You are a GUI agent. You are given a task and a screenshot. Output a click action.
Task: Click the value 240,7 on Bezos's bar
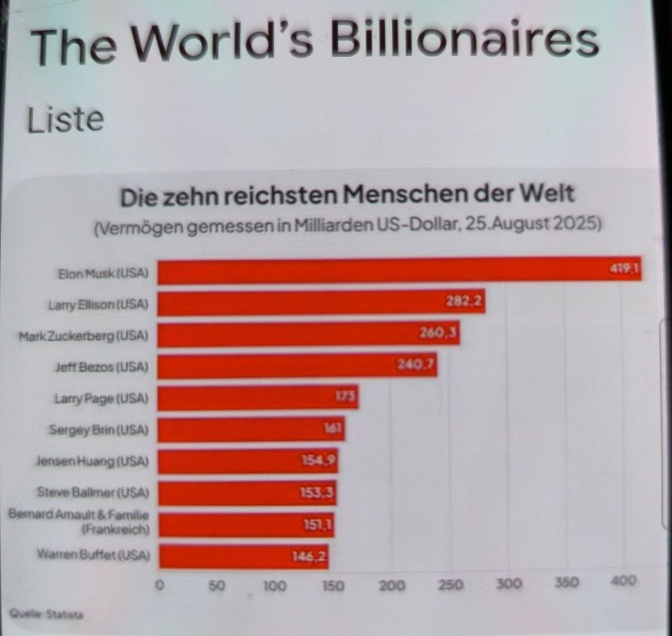coord(417,365)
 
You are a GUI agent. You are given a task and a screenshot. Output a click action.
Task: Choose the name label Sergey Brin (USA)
coord(99,430)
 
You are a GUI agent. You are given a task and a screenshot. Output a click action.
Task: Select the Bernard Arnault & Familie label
coord(79,521)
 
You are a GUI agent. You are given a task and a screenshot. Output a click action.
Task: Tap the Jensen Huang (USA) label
coord(92,461)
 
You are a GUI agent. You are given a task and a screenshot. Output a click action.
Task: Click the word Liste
coord(65,119)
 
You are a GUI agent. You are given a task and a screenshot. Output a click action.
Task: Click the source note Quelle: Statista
coord(47,615)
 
